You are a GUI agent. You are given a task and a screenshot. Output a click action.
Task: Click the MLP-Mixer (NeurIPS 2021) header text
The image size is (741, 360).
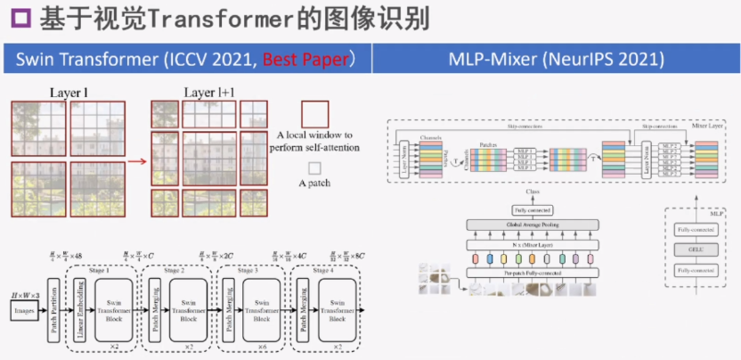[x=556, y=61]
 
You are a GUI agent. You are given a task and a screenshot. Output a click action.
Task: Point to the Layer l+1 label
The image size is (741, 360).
[x=211, y=93]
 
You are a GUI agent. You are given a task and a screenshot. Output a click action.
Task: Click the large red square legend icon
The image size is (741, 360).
[x=314, y=114]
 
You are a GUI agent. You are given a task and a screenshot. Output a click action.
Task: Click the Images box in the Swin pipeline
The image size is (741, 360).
[x=26, y=310]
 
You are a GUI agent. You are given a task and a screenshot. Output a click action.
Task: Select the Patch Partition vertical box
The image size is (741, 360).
[x=53, y=309]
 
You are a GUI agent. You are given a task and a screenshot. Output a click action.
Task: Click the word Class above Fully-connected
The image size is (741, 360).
[x=532, y=192]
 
